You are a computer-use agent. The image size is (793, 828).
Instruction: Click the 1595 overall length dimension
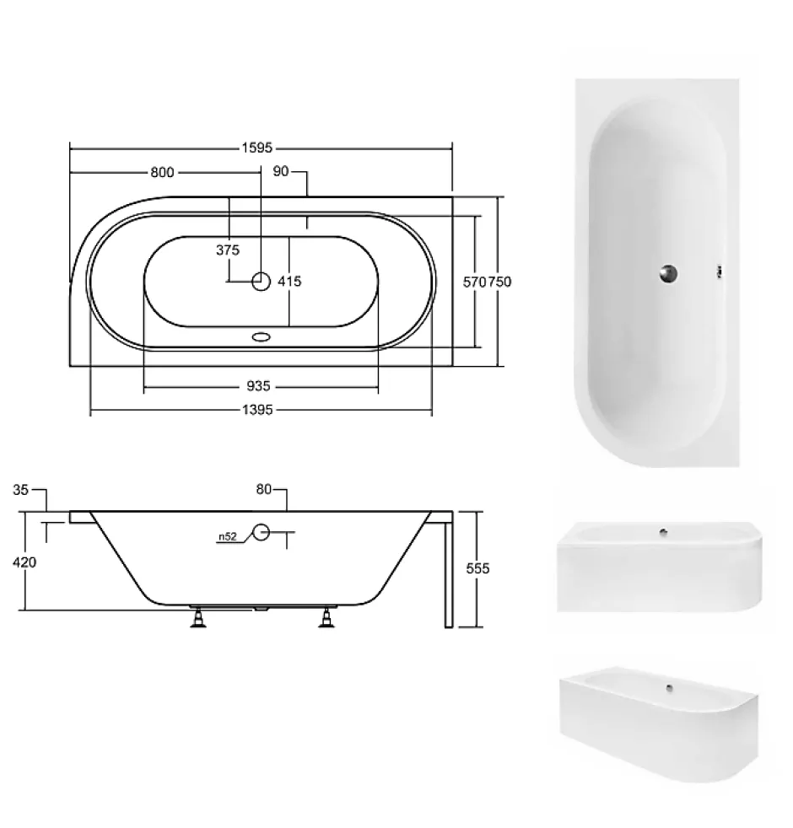pyautogui.click(x=257, y=148)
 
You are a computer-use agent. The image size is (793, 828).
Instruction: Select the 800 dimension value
pyautogui.click(x=162, y=173)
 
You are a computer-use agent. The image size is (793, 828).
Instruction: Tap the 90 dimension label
pyautogui.click(x=281, y=171)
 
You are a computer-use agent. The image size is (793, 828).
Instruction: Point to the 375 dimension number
pyautogui.click(x=228, y=250)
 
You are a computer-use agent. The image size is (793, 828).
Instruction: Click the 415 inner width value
pyautogui.click(x=289, y=282)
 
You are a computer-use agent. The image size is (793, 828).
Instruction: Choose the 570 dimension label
pyautogui.click(x=474, y=282)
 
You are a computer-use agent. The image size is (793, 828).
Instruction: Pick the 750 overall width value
pyautogui.click(x=499, y=282)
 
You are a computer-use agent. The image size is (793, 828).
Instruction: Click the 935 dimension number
pyautogui.click(x=258, y=386)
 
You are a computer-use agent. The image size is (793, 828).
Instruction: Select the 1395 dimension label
pyautogui.click(x=257, y=410)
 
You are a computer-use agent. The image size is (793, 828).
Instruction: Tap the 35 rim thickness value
pyautogui.click(x=20, y=490)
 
